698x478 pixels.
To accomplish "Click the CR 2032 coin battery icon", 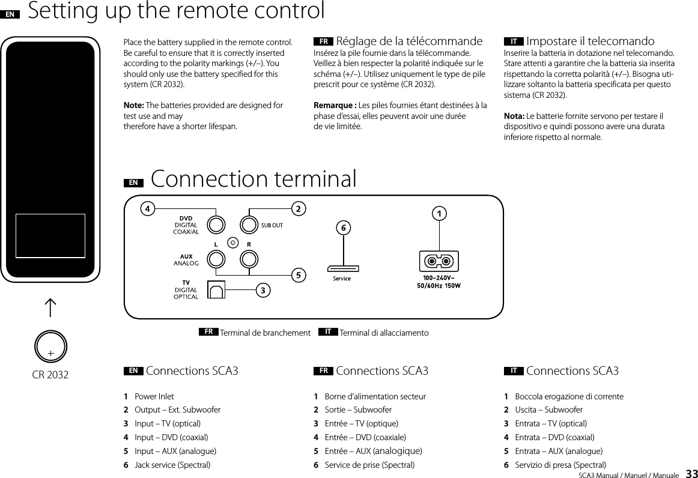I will point(51,346).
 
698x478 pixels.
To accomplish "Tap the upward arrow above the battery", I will point(51,308).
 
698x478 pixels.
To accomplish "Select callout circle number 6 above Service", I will point(342,228).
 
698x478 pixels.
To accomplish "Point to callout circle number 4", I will point(146,208).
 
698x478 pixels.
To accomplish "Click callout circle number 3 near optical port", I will point(263,290).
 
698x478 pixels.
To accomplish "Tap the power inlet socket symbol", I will point(439,262).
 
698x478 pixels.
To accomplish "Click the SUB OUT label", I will point(272,225).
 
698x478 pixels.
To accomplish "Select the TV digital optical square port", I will point(216,289).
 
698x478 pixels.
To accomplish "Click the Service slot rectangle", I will point(342,268).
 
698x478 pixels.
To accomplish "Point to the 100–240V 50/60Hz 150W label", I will point(439,282).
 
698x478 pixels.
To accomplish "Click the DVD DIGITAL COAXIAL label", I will point(186,225).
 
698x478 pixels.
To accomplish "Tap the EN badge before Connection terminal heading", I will point(133,182).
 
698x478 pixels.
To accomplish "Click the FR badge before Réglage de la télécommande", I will point(323,42).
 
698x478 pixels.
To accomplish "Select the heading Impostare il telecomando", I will point(590,41).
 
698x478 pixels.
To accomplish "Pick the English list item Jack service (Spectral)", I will point(172,465).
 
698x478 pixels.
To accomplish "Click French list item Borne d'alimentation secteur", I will point(375,396).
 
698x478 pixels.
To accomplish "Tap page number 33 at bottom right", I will point(691,473).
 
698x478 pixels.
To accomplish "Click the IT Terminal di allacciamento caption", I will point(383,333).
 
